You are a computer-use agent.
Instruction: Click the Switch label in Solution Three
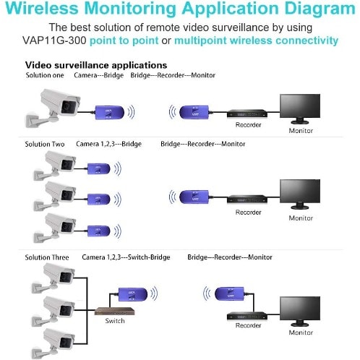click(x=115, y=321)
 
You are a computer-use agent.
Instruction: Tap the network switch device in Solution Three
click(x=114, y=312)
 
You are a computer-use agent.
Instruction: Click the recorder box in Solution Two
click(x=247, y=200)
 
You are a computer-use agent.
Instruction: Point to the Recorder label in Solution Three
click(x=248, y=325)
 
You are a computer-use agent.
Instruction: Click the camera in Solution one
click(x=53, y=108)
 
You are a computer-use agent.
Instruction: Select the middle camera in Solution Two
click(x=54, y=196)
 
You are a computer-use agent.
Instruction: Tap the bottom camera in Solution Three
click(x=53, y=343)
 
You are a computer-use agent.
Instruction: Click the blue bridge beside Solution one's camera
click(x=110, y=113)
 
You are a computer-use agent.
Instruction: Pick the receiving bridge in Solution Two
click(x=194, y=197)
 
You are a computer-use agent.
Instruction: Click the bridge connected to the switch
click(x=133, y=294)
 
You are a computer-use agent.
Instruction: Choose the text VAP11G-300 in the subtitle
click(x=54, y=40)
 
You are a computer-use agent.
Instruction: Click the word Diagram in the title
click(x=320, y=9)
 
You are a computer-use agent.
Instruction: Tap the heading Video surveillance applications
click(x=96, y=65)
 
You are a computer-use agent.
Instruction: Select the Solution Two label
click(x=45, y=144)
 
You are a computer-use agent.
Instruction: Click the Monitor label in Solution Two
click(x=301, y=218)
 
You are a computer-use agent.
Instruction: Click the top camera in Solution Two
click(x=54, y=166)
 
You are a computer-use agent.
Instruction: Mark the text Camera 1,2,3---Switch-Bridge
click(x=126, y=257)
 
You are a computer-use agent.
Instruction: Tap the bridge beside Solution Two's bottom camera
click(x=98, y=231)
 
